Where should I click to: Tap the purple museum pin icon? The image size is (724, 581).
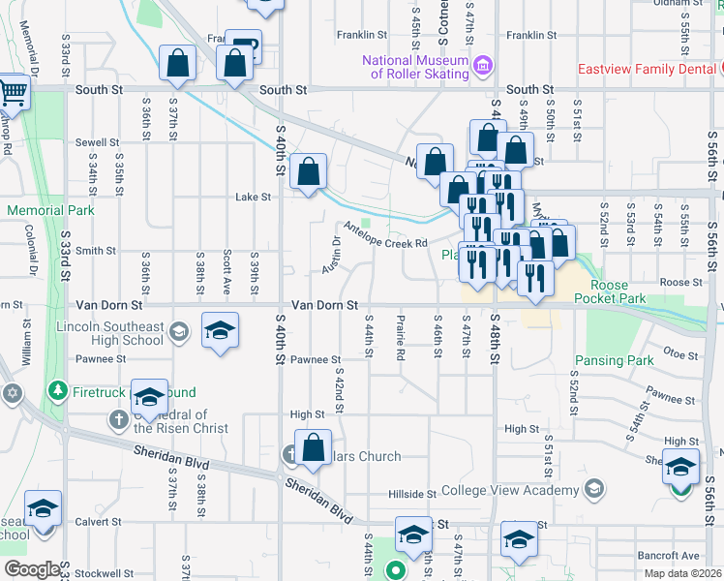(x=484, y=67)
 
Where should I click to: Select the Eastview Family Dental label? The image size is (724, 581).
(x=647, y=69)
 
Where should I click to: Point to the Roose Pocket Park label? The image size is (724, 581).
(x=608, y=292)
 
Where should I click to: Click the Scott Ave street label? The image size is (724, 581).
(x=226, y=270)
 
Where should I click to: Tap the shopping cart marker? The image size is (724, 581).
(x=13, y=93)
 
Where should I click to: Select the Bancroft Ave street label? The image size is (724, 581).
(x=668, y=556)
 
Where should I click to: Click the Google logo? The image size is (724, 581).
(x=32, y=569)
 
